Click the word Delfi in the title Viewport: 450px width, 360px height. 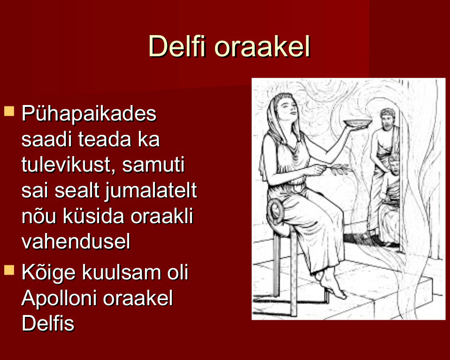point(177,46)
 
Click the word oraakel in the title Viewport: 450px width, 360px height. point(263,46)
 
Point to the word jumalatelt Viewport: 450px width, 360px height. point(150,191)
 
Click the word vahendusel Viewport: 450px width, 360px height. point(76,241)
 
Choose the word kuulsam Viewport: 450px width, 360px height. point(122,272)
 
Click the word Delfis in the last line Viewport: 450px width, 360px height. point(48,323)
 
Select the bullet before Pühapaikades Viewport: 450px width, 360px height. point(9,111)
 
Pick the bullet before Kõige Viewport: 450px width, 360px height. point(9,270)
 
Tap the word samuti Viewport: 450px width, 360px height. point(153,165)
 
